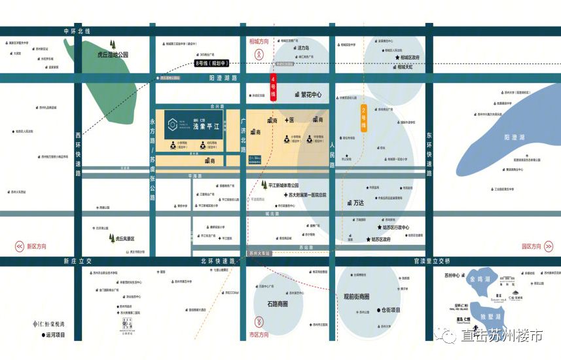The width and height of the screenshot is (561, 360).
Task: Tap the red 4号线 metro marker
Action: pos(274,88)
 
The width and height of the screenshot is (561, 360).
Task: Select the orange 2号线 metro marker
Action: pos(364,118)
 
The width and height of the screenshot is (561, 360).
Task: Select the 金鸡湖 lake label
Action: pos(481,279)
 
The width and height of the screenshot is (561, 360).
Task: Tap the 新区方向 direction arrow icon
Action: pos(19,246)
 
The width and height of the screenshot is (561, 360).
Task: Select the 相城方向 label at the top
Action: pos(259,41)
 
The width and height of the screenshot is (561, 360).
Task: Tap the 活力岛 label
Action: pos(302,48)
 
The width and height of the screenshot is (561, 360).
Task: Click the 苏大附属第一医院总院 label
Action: pos(299,194)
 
